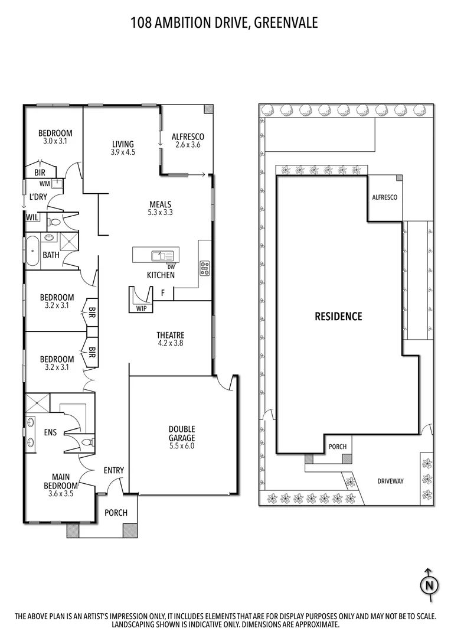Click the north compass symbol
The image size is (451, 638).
click(429, 585)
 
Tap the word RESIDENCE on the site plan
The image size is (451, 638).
click(338, 317)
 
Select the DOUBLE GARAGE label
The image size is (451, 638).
click(181, 429)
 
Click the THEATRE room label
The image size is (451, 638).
click(171, 335)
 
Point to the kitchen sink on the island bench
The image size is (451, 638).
click(159, 256)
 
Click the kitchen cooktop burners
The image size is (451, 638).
click(205, 268)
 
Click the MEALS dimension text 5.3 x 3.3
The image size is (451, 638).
click(160, 213)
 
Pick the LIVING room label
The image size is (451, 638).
click(123, 144)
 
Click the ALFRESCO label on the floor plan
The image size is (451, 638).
click(188, 136)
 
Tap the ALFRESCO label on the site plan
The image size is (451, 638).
click(384, 198)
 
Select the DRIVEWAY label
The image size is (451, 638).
click(390, 481)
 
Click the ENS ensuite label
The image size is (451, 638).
click(50, 432)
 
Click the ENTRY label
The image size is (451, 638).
click(113, 470)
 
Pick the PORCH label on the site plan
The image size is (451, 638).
click(338, 447)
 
